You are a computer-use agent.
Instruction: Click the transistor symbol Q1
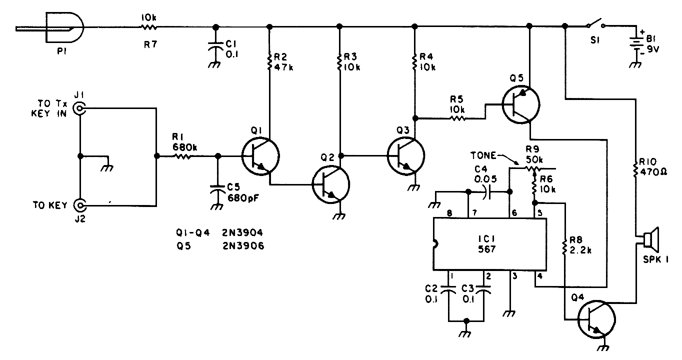coord(259,156)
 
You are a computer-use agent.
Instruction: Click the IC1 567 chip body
coord(489,245)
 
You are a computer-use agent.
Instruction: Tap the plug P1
coord(64,28)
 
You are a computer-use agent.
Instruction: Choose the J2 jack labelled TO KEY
coord(79,205)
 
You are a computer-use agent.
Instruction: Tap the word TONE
coord(483,155)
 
